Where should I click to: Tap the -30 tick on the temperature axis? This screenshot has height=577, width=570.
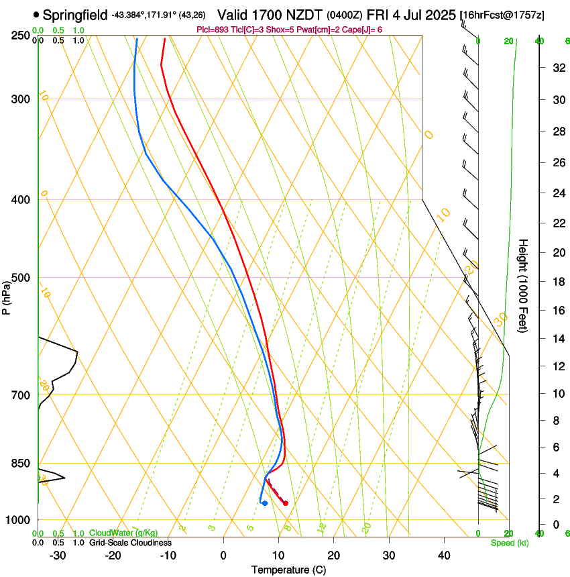point(58,556)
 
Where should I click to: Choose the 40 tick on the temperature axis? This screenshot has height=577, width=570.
point(443,556)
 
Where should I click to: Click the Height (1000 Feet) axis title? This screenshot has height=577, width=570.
point(524,285)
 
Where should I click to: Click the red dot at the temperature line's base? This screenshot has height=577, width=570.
point(286,503)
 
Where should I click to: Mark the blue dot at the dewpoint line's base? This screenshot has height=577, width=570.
point(265,503)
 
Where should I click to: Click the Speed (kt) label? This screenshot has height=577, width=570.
point(510,543)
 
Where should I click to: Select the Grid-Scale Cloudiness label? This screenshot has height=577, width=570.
point(129,543)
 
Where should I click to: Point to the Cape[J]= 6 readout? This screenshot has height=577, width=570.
point(363,30)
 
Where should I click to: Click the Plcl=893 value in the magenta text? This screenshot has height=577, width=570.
point(212,30)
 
